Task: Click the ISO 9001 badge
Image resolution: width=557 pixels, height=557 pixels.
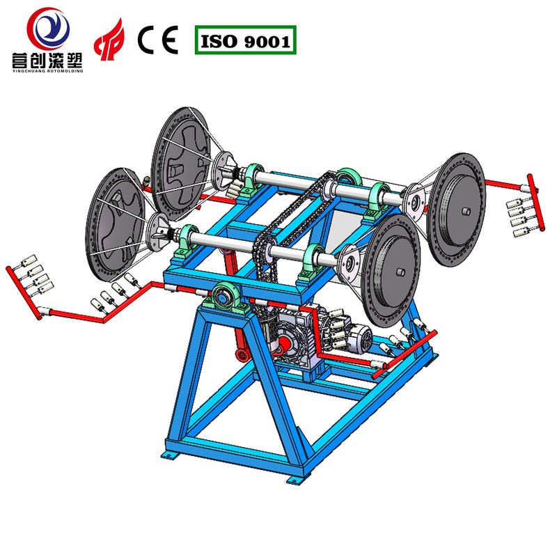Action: point(246,40)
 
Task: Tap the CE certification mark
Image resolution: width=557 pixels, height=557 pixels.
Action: point(158,40)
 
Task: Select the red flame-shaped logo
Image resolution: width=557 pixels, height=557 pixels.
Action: point(109,40)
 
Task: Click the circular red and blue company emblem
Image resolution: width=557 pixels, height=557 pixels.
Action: point(48,29)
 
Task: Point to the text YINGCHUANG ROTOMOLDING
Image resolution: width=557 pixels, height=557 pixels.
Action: point(47,71)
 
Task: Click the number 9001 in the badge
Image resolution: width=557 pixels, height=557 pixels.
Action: point(267,42)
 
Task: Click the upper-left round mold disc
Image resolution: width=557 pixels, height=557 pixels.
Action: point(181,164)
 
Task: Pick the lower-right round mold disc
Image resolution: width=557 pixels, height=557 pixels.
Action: point(391,271)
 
